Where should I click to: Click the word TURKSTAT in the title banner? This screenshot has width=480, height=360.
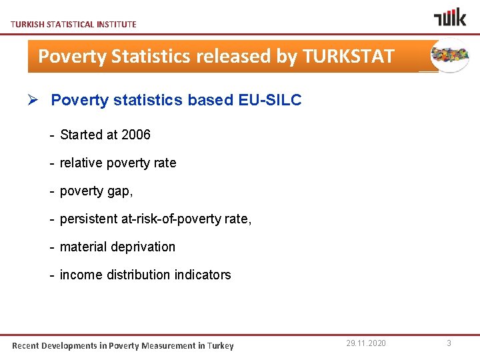(x=348, y=56)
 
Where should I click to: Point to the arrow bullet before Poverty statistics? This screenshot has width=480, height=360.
(x=37, y=100)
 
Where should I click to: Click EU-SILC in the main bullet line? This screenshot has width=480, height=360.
(x=269, y=100)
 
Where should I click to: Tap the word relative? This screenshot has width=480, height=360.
(x=81, y=163)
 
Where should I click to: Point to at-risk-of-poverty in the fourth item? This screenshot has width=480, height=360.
(x=171, y=219)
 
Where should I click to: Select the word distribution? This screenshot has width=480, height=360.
(x=142, y=275)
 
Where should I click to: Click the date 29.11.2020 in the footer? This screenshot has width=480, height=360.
(x=366, y=343)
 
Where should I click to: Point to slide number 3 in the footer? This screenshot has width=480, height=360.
(x=449, y=343)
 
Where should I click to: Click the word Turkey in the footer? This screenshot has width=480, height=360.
(x=220, y=345)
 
